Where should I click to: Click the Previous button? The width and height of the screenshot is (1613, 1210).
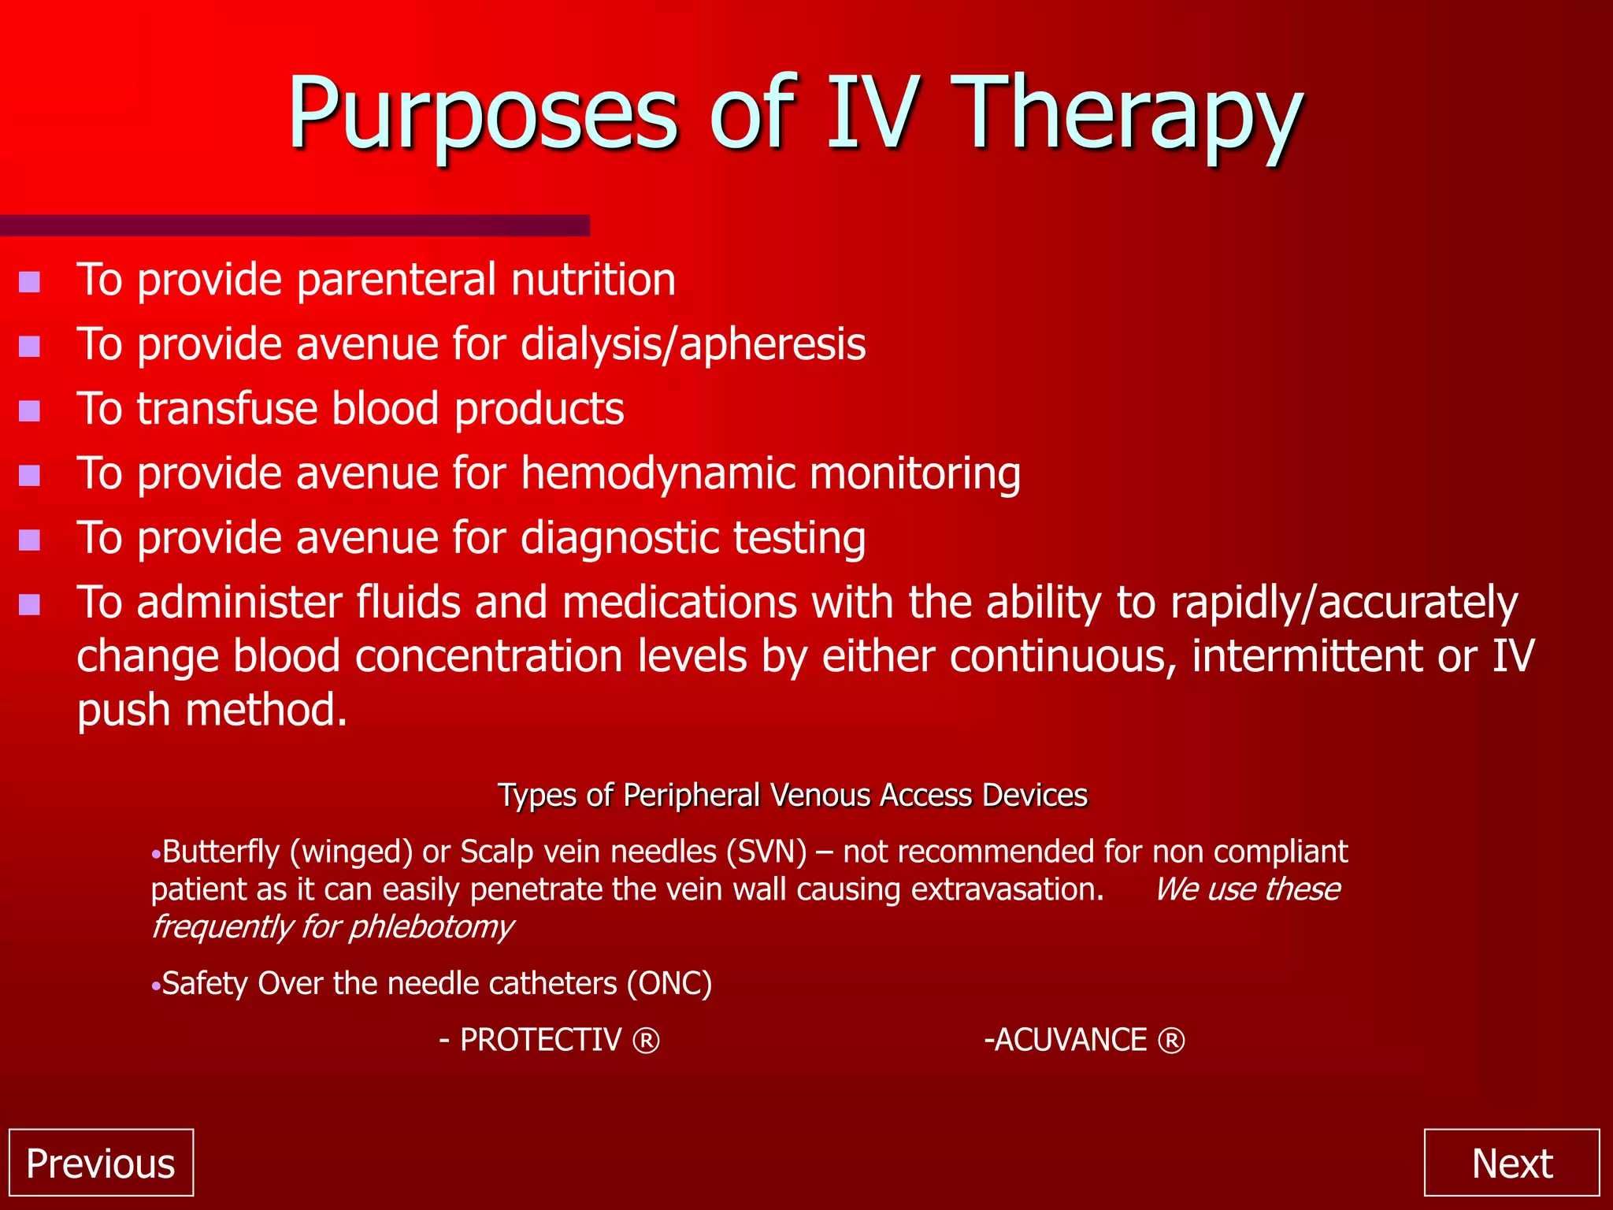[x=101, y=1163]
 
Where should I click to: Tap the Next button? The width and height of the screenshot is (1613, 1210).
[x=1511, y=1163]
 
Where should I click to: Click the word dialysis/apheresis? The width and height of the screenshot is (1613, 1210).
[x=693, y=345]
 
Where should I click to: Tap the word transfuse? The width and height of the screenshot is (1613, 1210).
[x=226, y=410]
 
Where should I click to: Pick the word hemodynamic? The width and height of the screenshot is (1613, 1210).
[x=657, y=474]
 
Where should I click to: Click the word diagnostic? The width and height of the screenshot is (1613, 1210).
[x=619, y=539]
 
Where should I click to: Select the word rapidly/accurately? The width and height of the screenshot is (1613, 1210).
[x=1344, y=603]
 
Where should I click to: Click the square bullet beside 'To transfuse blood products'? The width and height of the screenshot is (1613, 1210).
[x=30, y=411]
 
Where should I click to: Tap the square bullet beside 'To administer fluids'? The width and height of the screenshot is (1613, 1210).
[x=30, y=605]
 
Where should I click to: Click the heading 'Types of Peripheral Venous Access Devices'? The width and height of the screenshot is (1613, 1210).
[x=792, y=796]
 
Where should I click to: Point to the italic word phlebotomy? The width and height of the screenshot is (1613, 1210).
[x=431, y=927]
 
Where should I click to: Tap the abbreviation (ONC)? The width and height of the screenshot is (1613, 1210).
[x=669, y=984]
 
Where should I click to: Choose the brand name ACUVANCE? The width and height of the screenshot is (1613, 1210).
[x=1070, y=1041]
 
